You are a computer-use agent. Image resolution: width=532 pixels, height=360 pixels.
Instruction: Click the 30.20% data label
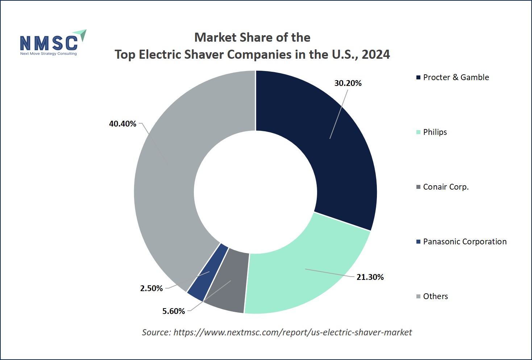tap(348, 83)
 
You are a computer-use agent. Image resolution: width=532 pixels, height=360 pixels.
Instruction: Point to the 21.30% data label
tap(370, 277)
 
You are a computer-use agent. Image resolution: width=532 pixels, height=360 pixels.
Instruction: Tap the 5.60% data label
tap(174, 311)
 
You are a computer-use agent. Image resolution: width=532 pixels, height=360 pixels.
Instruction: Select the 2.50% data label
tap(151, 289)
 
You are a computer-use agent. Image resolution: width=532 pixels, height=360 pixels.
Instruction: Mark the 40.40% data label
tap(122, 124)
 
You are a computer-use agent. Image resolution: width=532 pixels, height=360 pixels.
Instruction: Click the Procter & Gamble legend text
tap(456, 78)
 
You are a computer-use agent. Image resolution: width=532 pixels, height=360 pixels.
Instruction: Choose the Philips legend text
tap(435, 132)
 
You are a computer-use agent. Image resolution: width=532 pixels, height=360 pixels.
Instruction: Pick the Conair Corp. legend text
tap(446, 187)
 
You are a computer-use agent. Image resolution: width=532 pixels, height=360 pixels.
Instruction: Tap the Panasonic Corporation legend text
tap(465, 242)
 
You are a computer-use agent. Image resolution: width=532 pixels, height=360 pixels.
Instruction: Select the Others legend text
tap(435, 297)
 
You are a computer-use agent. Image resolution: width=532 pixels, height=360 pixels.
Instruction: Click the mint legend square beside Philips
tap(418, 132)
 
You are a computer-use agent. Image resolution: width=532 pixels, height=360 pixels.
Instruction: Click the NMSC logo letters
tap(49, 43)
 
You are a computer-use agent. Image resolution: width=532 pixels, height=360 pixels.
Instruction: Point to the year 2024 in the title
tap(376, 55)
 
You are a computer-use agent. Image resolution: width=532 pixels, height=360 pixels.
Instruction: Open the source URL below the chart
tap(292, 332)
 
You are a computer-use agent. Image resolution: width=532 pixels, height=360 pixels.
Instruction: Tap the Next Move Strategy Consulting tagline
tap(49, 54)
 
